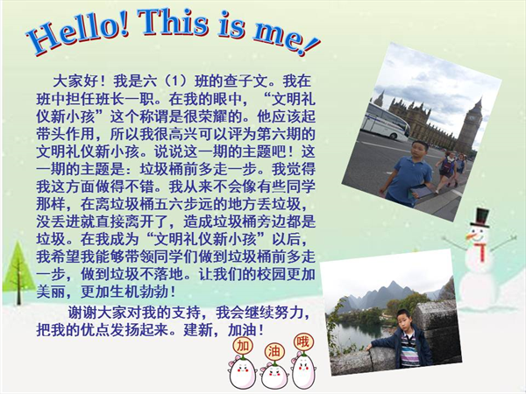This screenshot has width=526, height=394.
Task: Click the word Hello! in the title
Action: click(x=78, y=35)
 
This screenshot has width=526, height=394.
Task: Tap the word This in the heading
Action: click(x=174, y=22)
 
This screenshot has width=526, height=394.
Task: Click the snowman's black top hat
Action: click(x=480, y=217)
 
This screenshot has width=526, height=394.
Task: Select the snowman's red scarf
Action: click(x=481, y=250)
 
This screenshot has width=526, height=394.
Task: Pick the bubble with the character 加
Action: click(x=243, y=346)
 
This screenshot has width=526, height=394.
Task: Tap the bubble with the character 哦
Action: click(x=303, y=342)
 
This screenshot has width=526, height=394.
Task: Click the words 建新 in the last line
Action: click(x=198, y=330)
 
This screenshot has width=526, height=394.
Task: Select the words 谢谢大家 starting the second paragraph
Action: click(x=97, y=313)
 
